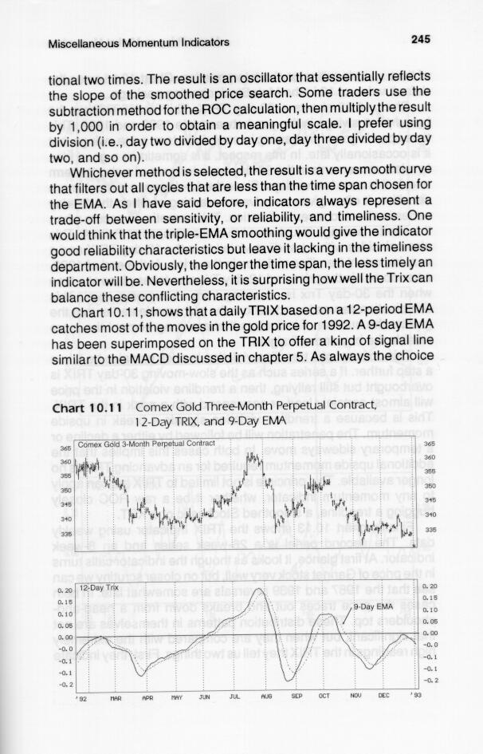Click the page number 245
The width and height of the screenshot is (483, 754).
(x=422, y=41)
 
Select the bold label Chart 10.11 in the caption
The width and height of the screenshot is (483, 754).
(x=80, y=410)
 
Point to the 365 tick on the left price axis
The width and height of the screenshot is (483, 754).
(x=65, y=448)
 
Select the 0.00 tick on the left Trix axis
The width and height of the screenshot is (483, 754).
(x=64, y=637)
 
